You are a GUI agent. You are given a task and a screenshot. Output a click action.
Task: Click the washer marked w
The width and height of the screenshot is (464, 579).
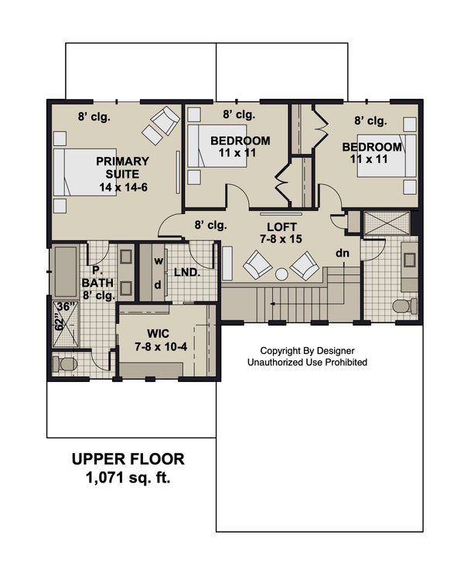(158, 261)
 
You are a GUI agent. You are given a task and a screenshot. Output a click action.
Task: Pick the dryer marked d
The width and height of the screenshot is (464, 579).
(158, 284)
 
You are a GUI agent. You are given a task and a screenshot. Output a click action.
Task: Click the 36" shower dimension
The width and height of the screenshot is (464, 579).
(63, 306)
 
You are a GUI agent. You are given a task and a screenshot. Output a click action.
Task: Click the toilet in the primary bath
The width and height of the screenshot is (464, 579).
(63, 363)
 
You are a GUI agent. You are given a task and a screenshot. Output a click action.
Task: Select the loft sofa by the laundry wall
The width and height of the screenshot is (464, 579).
(228, 264)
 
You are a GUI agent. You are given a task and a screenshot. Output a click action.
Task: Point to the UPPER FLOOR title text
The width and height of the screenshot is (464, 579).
(128, 459)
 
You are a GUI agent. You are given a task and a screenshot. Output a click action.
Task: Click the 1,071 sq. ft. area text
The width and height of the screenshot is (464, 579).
(128, 478)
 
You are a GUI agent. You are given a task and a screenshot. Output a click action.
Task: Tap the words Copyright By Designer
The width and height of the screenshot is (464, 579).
(307, 350)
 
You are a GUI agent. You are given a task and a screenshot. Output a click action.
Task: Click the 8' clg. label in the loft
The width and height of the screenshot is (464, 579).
(210, 226)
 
